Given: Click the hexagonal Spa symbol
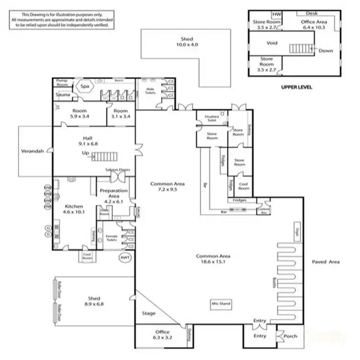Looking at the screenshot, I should pyautogui.click(x=85, y=86).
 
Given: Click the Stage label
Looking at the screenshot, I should pyautogui.click(x=149, y=313).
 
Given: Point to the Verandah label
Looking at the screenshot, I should pyautogui.click(x=33, y=151).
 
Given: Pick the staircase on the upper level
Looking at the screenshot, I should pyautogui.click(x=301, y=48).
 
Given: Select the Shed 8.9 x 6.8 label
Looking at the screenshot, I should pyautogui.click(x=93, y=301).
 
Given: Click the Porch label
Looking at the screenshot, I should pyautogui.click(x=289, y=336).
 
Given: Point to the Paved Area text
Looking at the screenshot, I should pyautogui.click(x=325, y=262).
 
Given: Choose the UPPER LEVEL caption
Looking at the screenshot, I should pyautogui.click(x=296, y=87).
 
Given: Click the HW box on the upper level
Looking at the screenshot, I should pyautogui.click(x=277, y=15).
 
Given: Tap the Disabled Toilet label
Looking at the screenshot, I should pyautogui.click(x=212, y=118).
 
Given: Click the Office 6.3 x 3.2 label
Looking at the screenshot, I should pyautogui.click(x=162, y=334).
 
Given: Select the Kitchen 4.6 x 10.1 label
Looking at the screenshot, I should pyautogui.click(x=74, y=208).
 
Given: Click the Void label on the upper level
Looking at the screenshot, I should pyautogui.click(x=272, y=43).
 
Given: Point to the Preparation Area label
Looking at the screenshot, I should pyautogui.click(x=113, y=193).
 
